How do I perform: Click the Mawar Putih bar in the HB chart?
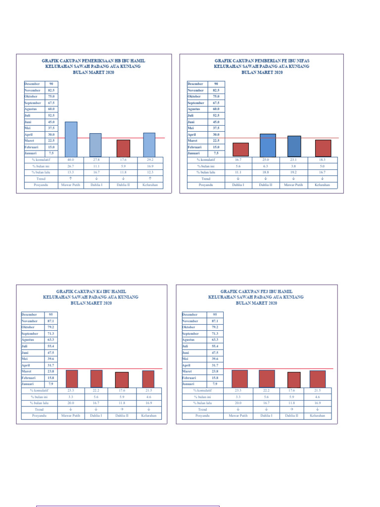coord(71,139)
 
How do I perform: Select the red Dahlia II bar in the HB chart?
coord(123,148)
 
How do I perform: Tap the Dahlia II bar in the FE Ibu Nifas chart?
coord(268,145)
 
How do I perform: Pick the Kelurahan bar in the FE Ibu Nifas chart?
coord(323,148)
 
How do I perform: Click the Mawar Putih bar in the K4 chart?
coord(72,379)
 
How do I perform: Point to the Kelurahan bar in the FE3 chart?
coord(317,379)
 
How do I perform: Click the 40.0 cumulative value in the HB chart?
coord(71,160)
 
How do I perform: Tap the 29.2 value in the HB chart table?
coord(150,160)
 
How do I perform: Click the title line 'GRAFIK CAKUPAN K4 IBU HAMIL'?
coord(91,292)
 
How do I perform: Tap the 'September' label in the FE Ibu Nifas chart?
coord(196,103)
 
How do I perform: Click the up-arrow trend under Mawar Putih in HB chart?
coord(71,178)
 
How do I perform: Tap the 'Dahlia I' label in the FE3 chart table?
coord(265,416)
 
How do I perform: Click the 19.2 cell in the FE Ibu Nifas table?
coord(294,172)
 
